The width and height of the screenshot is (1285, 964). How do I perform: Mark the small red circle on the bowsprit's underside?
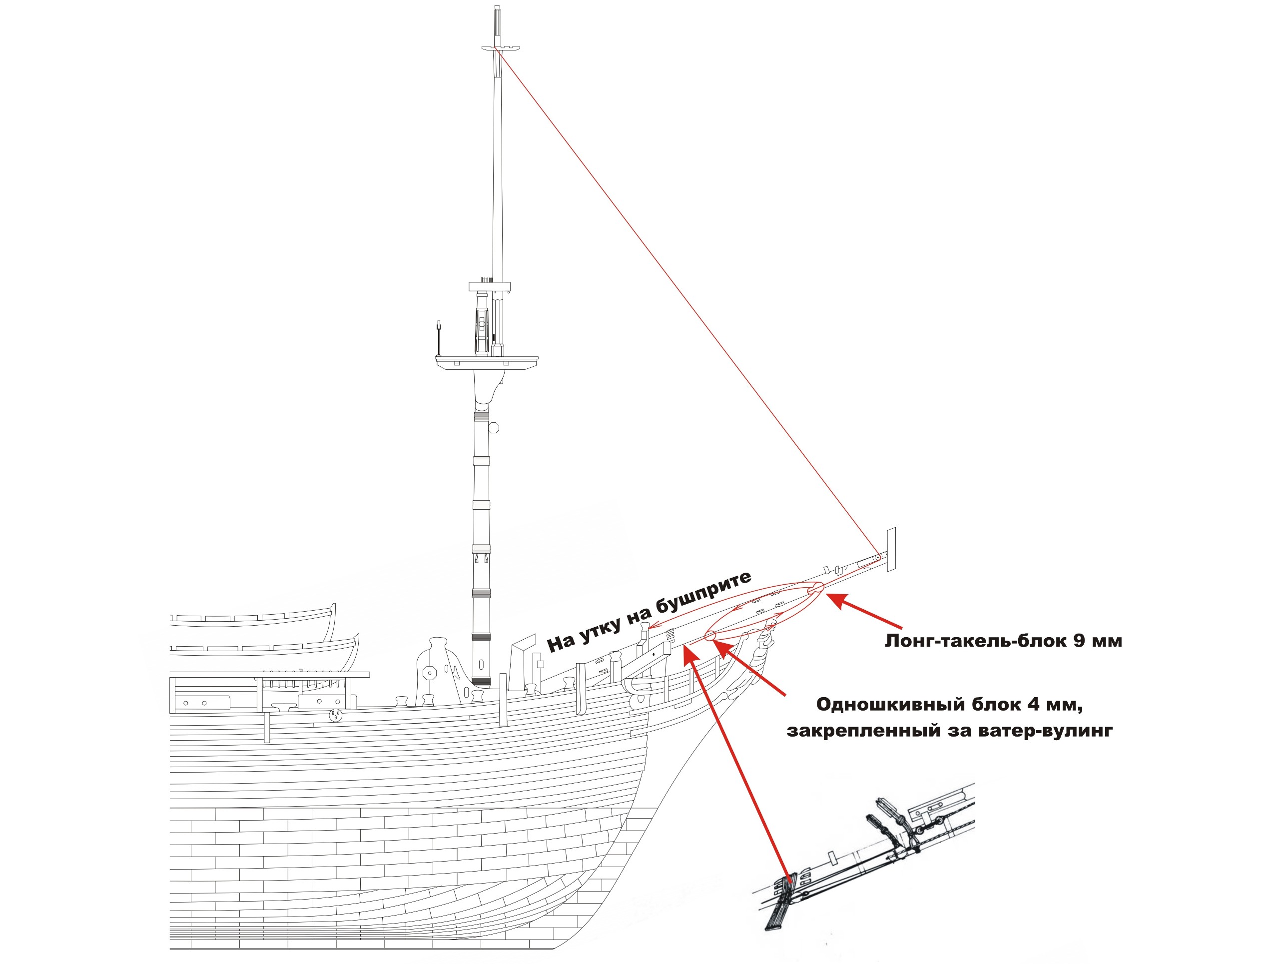pos(709,636)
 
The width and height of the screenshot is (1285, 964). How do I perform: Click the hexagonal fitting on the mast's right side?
pos(494,428)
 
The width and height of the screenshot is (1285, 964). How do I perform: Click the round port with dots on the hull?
pos(335,715)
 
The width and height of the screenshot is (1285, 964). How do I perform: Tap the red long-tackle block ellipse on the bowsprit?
pos(815,589)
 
